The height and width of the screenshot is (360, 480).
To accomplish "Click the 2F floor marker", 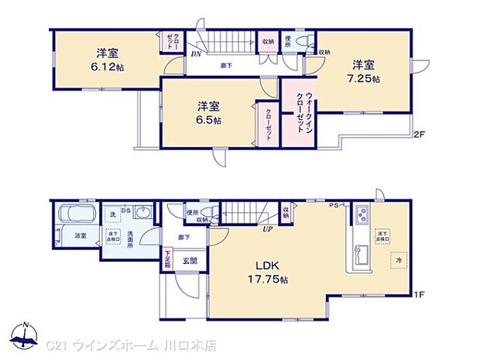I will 419,135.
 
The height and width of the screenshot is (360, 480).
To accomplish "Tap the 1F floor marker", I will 418,293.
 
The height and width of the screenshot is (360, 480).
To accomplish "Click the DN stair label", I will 197,53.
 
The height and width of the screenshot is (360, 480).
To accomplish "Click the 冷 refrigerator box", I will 399,261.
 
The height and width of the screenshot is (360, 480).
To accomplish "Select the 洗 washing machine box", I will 112,214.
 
